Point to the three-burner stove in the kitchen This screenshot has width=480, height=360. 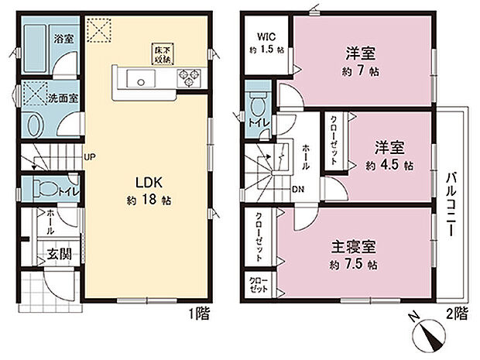click(187, 76)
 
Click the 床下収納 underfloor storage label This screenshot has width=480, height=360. click(162, 52)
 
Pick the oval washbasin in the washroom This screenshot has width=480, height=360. click(34, 126)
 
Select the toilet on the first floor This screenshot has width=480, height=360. click(48, 188)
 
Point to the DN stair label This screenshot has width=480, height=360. click(298, 188)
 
